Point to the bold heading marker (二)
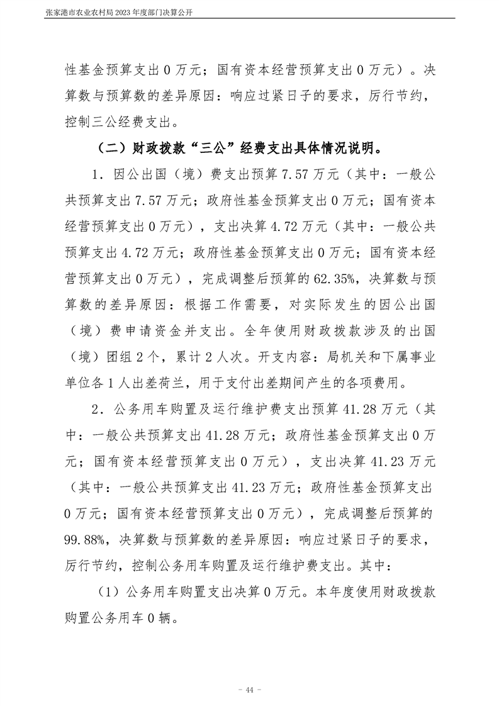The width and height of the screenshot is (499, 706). [x=113, y=149]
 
